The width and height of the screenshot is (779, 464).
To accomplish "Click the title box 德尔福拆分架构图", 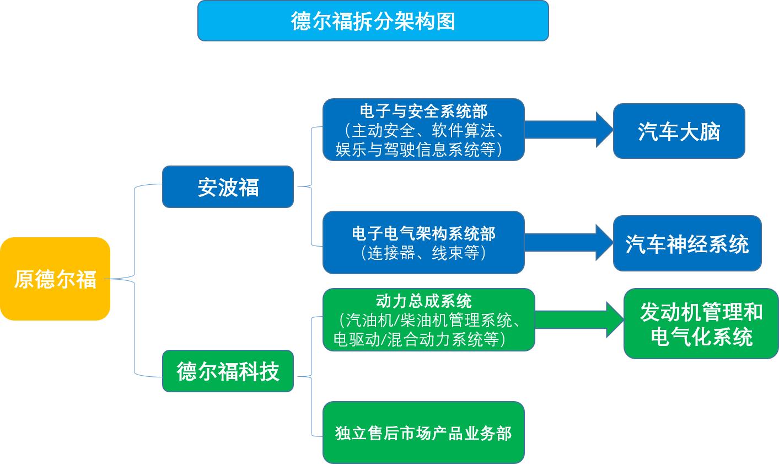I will point(373,21).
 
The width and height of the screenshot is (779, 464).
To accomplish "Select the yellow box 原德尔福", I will point(55,279).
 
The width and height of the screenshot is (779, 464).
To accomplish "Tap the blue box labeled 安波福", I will point(228,187).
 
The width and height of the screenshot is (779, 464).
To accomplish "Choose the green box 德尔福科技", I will point(228,371).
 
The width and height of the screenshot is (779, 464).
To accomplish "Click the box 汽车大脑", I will point(679,131).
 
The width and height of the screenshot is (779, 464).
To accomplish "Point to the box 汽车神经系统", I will point(687,243).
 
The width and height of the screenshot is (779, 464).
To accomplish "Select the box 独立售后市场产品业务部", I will point(423,433).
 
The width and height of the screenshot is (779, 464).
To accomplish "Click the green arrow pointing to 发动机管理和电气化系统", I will point(579,319).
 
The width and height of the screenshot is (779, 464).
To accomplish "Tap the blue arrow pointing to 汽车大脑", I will point(568,130).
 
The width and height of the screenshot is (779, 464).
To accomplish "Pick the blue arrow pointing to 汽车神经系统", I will point(568,242).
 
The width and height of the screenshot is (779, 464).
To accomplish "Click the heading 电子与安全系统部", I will point(423,111).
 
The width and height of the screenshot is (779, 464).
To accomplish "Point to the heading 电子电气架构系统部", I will point(423,233).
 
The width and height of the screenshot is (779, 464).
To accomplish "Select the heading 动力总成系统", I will point(423,301).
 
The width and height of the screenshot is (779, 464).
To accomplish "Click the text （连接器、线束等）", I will point(423,253).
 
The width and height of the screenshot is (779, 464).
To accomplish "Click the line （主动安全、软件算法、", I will point(423,131).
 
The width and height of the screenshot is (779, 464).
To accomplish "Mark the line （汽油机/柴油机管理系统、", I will point(428,320).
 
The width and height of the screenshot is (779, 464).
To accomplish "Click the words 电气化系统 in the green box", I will point(701,336).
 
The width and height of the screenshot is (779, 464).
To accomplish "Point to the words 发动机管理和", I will point(701,312).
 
